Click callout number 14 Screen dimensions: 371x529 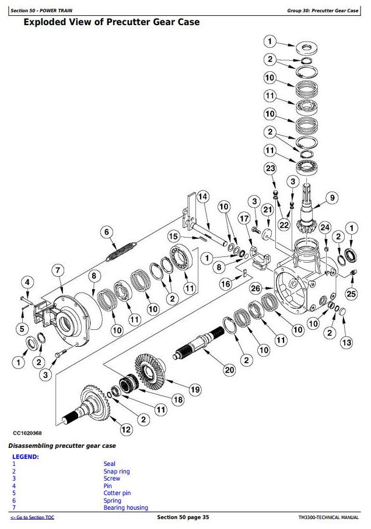(203, 197)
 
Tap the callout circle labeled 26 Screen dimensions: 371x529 (256, 288)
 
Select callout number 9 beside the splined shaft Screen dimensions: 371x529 (332, 198)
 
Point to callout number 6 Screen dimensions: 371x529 (107, 232)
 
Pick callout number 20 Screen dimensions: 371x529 (229, 370)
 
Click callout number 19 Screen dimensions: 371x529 (195, 389)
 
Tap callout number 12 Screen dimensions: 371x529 (126, 430)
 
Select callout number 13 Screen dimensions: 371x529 (346, 343)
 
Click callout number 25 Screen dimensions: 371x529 (351, 294)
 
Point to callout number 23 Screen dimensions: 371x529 (271, 168)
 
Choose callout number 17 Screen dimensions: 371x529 (244, 218)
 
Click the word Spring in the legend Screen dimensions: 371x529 (112, 500)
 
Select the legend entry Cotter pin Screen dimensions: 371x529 (117, 493)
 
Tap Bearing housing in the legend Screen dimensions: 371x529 (125, 508)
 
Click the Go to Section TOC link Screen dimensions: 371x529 (32, 517)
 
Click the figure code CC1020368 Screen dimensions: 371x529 (27, 433)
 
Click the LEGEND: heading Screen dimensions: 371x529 (26, 457)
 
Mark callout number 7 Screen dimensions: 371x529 (58, 270)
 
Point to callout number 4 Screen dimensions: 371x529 (27, 283)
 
